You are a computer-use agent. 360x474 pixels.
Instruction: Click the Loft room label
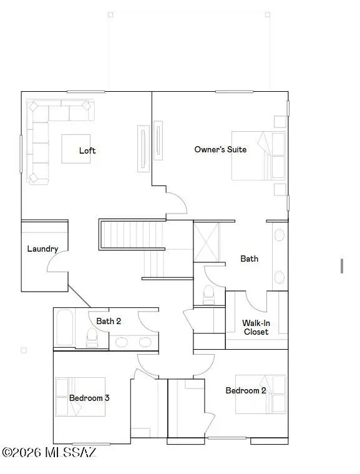pos(87,151)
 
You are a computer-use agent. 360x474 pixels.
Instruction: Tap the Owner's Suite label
pos(220,149)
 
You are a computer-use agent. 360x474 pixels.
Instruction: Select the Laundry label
pos(42,249)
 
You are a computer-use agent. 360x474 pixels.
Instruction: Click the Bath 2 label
pos(109,321)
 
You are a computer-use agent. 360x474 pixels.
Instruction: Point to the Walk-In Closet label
pos(255,327)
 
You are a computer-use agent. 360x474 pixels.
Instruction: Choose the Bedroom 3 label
pos(89,398)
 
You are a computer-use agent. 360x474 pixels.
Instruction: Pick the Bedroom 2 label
pos(246,390)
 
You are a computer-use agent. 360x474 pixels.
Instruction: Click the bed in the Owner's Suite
pos(258,156)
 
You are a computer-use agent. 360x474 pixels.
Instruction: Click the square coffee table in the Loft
pos(79,149)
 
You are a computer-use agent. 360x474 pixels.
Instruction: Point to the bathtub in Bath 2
pos(64,327)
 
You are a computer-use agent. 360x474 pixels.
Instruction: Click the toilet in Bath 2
pos(92,337)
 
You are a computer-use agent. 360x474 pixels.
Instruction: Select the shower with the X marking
pos(207,242)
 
